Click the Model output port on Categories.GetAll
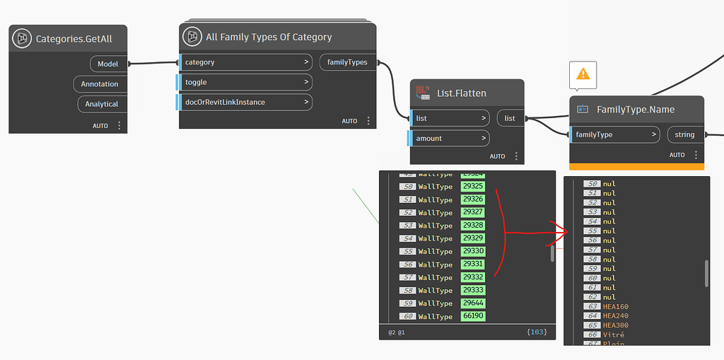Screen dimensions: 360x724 tap(107, 64)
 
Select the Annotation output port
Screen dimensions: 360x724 tap(100, 83)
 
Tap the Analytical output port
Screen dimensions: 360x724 tap(102, 104)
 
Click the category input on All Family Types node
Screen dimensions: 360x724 tap(245, 62)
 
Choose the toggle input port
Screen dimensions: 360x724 tap(245, 82)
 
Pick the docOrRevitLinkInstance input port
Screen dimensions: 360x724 tap(245, 102)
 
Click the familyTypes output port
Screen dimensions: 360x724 tap(347, 62)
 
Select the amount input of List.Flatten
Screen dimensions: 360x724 tap(450, 138)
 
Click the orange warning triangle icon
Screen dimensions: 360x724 tap(583, 74)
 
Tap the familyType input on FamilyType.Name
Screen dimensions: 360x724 tap(614, 134)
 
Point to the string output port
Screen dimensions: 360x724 tap(684, 134)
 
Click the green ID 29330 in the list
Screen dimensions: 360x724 tap(472, 251)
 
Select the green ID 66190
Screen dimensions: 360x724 tap(472, 316)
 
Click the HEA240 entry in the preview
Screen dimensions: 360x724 tap(615, 316)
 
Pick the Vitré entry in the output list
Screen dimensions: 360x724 tap(613, 335)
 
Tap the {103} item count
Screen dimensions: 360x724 tap(537, 332)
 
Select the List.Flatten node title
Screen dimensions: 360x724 tap(461, 93)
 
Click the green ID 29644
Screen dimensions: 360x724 tap(472, 303)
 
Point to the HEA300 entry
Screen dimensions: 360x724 tap(615, 325)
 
